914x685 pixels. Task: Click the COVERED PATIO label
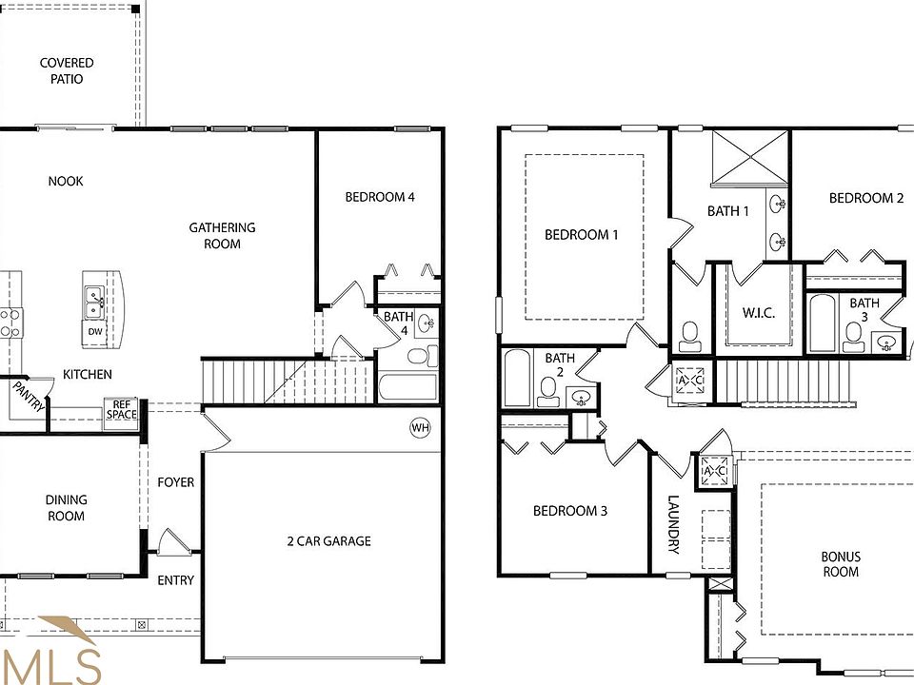(67, 71)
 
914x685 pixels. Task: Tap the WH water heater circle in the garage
(420, 427)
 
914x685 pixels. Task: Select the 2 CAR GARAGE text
(328, 541)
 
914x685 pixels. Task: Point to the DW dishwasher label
(95, 332)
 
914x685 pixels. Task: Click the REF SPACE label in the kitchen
(121, 409)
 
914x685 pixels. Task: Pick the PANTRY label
(29, 396)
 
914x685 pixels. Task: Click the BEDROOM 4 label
(379, 198)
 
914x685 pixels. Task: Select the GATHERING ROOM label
(222, 235)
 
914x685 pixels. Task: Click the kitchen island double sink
(94, 303)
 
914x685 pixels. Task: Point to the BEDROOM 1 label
(581, 234)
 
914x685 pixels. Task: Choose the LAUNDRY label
(673, 524)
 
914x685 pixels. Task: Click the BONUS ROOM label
(841, 564)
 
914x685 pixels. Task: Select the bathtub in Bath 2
(517, 378)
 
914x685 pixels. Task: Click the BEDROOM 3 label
(569, 511)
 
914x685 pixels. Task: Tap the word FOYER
(175, 482)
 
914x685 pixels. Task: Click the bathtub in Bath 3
(822, 324)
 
